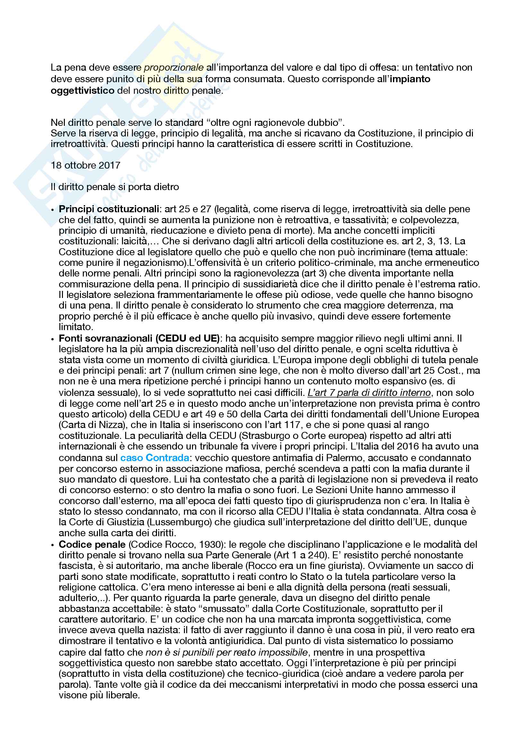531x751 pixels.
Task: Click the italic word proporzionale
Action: click(x=174, y=68)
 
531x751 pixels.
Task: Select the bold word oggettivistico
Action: click(x=83, y=91)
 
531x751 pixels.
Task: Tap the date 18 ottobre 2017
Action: click(x=86, y=165)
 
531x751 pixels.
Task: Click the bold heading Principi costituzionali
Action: click(x=109, y=209)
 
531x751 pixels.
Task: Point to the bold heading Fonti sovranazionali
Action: click(x=106, y=338)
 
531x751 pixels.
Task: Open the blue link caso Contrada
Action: click(x=155, y=458)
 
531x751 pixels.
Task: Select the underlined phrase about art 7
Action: click(x=369, y=392)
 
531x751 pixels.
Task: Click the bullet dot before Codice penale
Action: click(x=53, y=545)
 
